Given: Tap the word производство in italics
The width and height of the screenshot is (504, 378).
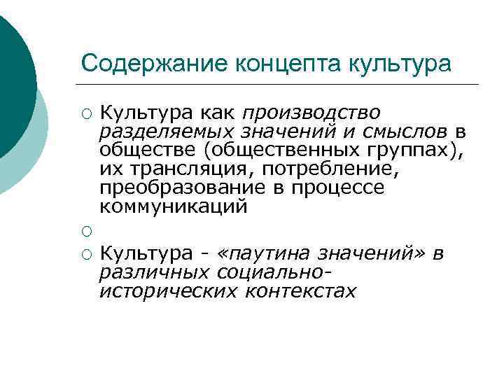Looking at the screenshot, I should pos(311,112).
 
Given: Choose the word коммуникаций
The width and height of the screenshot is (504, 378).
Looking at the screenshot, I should pos(173,207).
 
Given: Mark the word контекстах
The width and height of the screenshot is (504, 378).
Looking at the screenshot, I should pos(300,290).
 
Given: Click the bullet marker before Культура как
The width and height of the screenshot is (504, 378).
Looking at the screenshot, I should pos(86,113).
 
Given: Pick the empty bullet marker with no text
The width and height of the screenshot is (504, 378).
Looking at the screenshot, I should pos(86,232).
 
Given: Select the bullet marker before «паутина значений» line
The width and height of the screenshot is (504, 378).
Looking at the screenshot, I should pos(86,254).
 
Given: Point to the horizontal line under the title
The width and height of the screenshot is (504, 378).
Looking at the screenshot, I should pos(280,85).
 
